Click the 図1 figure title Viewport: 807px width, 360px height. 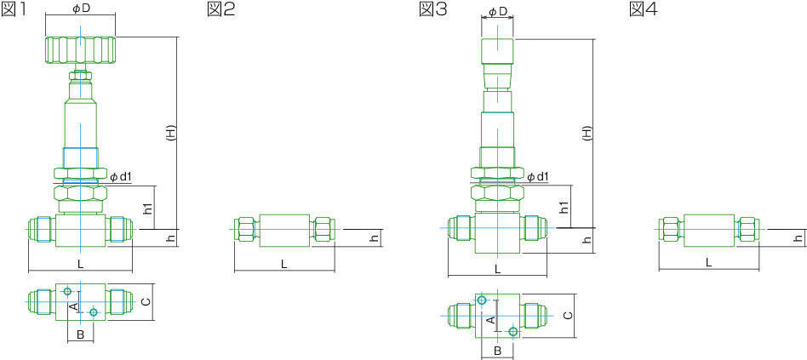[14, 9]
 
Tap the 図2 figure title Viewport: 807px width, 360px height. [221, 9]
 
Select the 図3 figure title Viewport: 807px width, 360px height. [433, 9]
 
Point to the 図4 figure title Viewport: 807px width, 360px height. [644, 9]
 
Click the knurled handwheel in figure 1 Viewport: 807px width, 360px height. [80, 50]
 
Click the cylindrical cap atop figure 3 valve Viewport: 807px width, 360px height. [497, 51]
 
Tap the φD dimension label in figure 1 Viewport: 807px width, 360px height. [81, 9]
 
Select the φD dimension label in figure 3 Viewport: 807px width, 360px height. [497, 11]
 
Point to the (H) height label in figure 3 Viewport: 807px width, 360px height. [587, 134]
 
